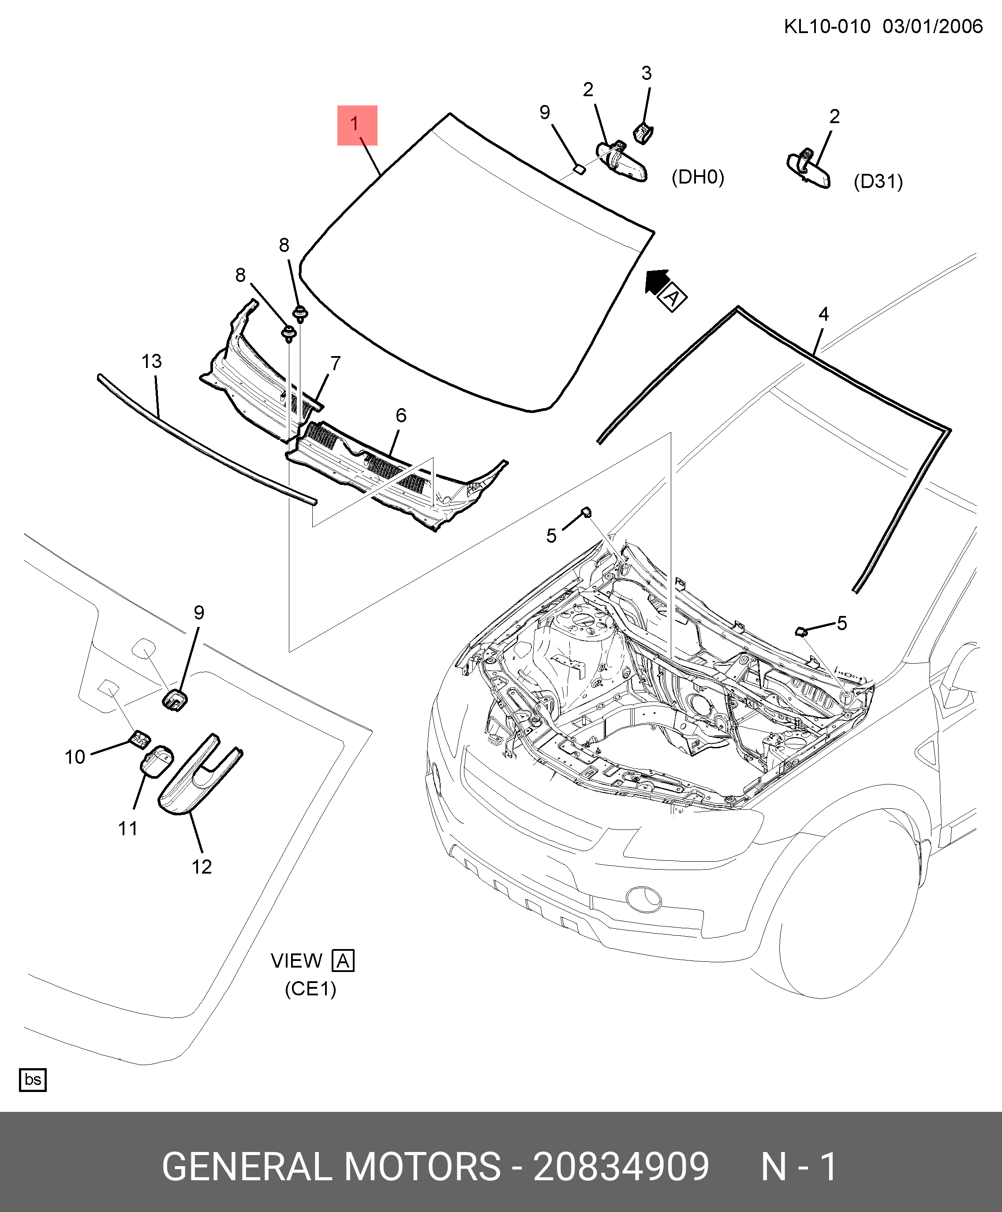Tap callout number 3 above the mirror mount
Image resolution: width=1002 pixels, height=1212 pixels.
(646, 73)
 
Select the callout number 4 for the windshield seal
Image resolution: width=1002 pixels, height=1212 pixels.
(823, 314)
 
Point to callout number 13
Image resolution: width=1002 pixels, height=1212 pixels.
(152, 362)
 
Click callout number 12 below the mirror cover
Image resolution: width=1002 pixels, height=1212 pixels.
(202, 867)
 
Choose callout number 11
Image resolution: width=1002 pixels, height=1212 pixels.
(128, 829)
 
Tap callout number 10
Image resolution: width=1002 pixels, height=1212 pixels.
(75, 757)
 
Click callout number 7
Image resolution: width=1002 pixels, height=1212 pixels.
(336, 364)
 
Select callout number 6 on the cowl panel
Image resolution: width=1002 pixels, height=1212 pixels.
(401, 416)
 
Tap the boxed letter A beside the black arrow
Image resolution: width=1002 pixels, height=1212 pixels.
(673, 298)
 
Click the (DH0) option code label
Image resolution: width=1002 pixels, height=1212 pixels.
(697, 177)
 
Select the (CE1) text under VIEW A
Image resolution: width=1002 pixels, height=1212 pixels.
(310, 989)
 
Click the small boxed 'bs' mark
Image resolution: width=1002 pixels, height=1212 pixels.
(33, 1080)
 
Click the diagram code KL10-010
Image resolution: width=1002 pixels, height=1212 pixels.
(826, 26)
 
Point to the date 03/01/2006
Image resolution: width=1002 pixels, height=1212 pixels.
(932, 26)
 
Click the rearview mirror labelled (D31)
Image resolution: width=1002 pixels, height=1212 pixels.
(809, 169)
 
